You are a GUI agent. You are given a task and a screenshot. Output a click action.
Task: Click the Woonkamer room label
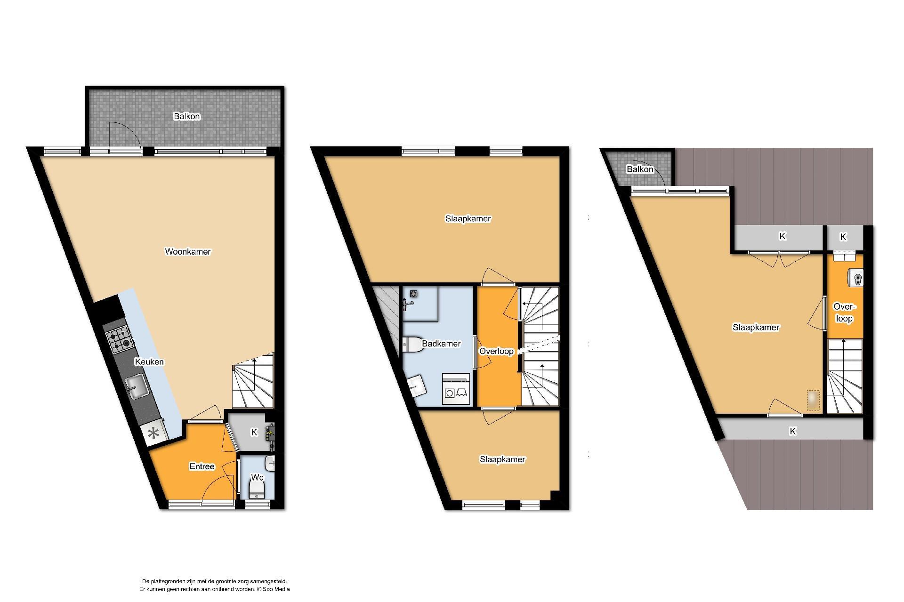187,252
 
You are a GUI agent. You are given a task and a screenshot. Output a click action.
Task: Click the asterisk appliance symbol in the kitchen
153,434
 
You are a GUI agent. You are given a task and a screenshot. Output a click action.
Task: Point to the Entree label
202,466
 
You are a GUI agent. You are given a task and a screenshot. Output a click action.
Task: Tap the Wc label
257,477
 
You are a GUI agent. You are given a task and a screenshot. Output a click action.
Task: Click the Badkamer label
441,344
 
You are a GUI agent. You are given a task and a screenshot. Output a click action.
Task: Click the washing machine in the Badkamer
456,389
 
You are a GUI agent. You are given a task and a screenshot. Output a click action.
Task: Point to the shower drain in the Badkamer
414,293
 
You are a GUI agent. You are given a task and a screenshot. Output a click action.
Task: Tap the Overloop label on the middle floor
496,352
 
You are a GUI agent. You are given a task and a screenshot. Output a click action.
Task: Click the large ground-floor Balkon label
186,116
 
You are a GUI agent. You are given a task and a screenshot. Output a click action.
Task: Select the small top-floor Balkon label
640,169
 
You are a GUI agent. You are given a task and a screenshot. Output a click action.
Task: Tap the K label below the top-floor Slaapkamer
793,431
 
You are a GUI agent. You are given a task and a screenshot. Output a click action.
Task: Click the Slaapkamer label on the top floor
756,328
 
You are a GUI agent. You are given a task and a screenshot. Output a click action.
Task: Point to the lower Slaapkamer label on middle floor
502,459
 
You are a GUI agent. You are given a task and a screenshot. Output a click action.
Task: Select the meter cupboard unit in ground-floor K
272,433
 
